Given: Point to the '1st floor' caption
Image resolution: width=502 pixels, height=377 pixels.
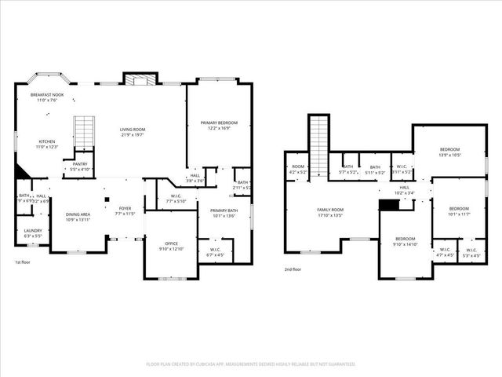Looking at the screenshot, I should (x=24, y=262).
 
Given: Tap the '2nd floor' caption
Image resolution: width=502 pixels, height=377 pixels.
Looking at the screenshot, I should (x=293, y=269).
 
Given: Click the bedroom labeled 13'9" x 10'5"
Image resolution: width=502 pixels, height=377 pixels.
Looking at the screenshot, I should (x=449, y=152).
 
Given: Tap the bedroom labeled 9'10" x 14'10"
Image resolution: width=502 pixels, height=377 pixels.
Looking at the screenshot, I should (x=406, y=240).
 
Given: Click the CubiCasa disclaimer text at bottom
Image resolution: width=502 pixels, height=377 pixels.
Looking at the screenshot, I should (x=251, y=364).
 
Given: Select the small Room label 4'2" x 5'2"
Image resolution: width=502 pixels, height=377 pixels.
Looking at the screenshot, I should (x=298, y=169).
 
